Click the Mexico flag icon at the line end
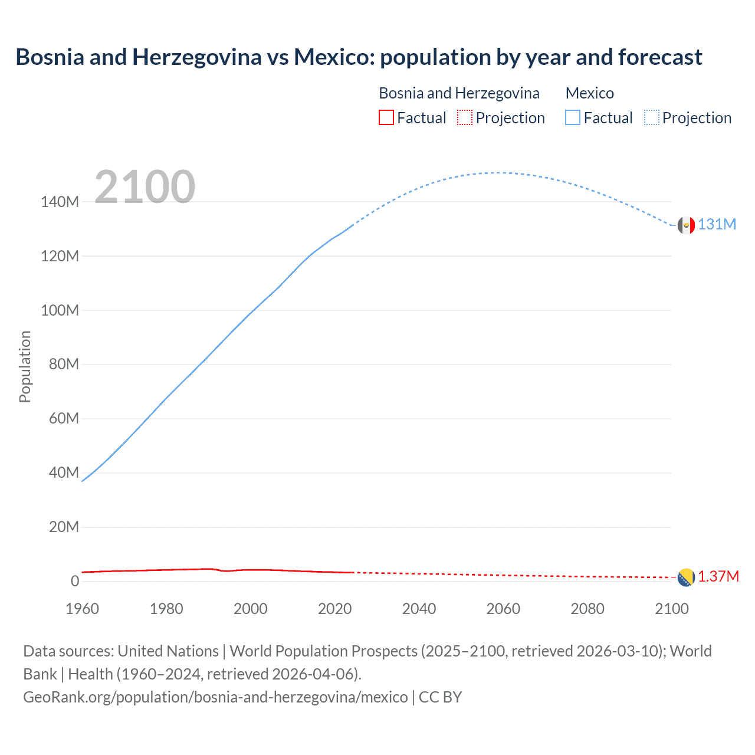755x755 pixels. coord(686,225)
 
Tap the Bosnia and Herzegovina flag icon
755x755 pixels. coord(686,577)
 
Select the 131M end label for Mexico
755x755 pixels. coord(717,225)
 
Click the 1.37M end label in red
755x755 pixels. coord(718,577)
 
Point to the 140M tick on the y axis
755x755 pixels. coord(60,202)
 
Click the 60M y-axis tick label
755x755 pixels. coord(63,419)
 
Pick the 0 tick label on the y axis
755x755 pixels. coord(74,582)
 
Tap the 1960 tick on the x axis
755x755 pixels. coord(82,609)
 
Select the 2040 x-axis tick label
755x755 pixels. coord(419,609)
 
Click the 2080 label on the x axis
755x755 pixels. coord(587,609)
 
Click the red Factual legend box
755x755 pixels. coord(386,118)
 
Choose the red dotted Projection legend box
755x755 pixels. coord(465,118)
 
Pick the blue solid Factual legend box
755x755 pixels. coord(573,118)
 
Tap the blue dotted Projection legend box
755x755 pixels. coord(652,118)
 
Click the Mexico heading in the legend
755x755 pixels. coord(589,93)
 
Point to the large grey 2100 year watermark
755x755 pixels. coord(145,187)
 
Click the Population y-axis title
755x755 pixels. coord(25,366)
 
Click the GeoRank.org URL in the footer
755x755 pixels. coord(215,697)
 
